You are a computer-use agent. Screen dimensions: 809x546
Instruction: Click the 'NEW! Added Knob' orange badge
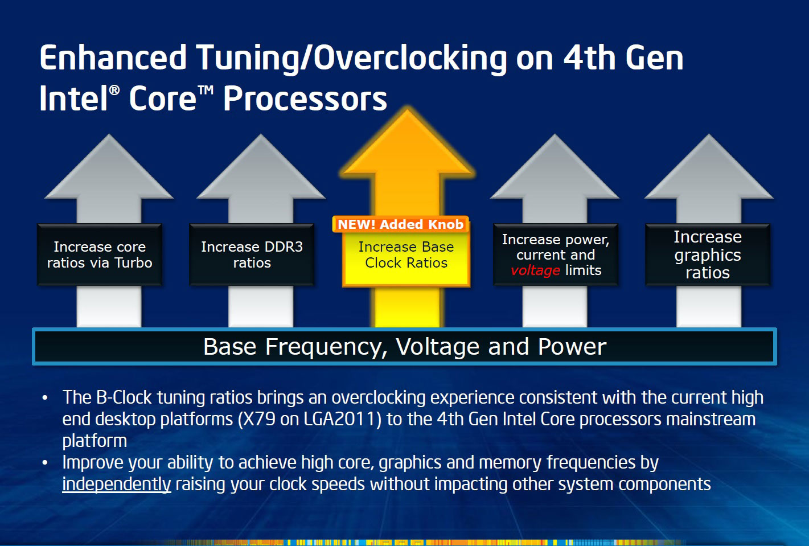(x=401, y=224)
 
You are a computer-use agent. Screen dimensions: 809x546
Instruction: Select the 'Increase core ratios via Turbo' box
(x=100, y=254)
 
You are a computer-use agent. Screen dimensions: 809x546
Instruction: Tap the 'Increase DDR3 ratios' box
(x=252, y=254)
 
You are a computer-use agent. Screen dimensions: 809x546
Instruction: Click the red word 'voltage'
(x=536, y=270)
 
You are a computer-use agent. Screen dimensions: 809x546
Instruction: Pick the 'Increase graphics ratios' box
(x=708, y=254)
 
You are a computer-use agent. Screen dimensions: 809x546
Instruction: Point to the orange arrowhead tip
(x=408, y=110)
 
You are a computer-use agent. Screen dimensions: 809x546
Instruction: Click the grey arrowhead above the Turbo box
(x=109, y=167)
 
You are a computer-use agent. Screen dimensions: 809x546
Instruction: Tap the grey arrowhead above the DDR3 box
(x=261, y=167)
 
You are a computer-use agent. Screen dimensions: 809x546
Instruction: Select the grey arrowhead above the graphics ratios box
(x=709, y=167)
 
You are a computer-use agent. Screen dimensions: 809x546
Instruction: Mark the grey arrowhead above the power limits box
(x=555, y=167)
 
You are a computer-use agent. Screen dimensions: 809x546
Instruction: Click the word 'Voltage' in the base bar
(x=438, y=347)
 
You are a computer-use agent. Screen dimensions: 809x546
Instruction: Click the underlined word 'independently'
(x=117, y=485)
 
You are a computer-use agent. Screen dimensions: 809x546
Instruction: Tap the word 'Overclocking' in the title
(x=410, y=58)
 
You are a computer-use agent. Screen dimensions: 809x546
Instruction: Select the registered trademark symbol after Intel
(x=114, y=90)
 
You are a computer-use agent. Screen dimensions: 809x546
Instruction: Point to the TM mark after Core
(x=206, y=91)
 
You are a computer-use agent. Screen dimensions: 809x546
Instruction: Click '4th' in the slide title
(x=589, y=58)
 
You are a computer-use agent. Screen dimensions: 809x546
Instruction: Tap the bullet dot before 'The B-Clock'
(x=45, y=398)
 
